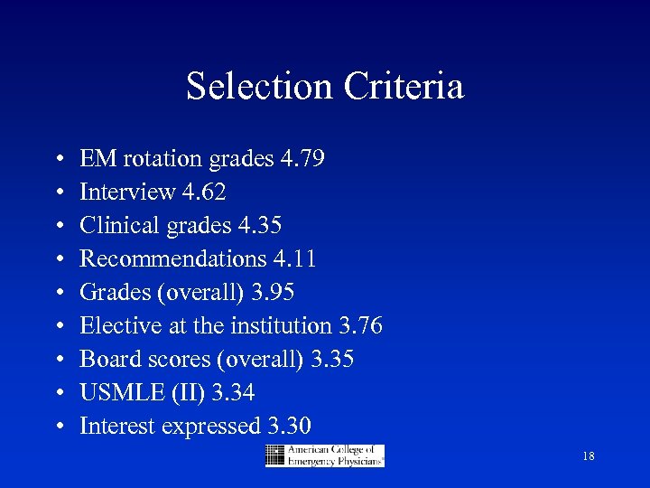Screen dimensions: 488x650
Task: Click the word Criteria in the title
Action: pos(404,87)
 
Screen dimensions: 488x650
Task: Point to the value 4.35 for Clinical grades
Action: pos(259,226)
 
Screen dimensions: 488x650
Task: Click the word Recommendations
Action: pos(173,259)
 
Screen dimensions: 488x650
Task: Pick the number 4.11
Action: pos(293,259)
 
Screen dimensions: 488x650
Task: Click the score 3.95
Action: pos(272,293)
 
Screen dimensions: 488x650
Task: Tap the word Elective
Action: pos(112,325)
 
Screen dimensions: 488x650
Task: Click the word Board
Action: pos(102,359)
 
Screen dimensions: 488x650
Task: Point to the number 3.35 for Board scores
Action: pos(331,359)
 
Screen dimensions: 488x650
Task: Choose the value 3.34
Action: pos(232,392)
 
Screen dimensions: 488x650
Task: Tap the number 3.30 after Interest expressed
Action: pos(290,426)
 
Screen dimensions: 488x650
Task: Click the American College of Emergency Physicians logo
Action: pos(325,455)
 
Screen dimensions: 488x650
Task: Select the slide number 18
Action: pos(589,457)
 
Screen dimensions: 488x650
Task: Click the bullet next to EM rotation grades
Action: pos(58,160)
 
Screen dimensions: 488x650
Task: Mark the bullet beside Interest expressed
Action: pos(58,427)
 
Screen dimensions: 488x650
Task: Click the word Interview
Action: pos(127,192)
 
